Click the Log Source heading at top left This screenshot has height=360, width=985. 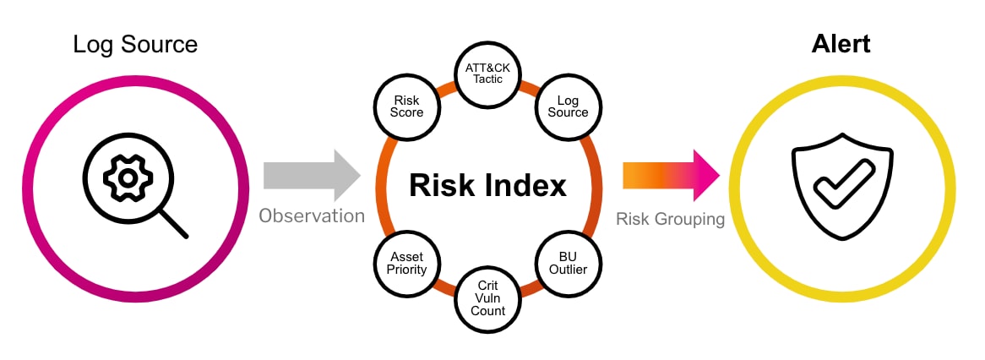[x=135, y=45]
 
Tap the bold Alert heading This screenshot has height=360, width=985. [x=841, y=45]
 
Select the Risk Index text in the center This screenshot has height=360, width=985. [x=487, y=185]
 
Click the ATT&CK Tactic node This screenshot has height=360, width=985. [x=487, y=74]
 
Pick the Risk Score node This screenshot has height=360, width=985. [x=406, y=106]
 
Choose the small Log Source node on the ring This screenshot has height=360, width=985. [x=568, y=106]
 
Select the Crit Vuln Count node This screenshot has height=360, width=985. [x=488, y=297]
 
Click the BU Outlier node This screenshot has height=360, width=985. [x=568, y=264]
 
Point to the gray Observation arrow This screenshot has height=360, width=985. [x=313, y=175]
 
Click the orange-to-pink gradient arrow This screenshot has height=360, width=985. [x=671, y=175]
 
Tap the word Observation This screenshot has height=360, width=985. [x=312, y=216]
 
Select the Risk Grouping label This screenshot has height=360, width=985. [x=670, y=219]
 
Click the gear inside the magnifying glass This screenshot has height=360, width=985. [x=128, y=178]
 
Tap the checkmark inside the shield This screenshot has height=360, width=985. [x=844, y=183]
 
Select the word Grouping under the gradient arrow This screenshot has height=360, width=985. [x=691, y=219]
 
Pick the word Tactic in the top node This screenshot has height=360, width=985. [x=487, y=79]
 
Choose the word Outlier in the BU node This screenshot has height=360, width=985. [x=568, y=270]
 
